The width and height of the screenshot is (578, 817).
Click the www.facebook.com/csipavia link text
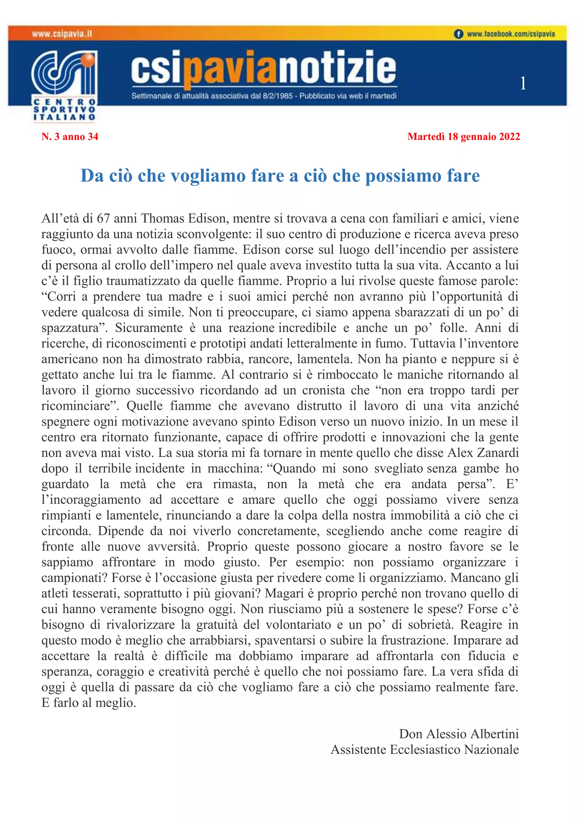click(x=511, y=34)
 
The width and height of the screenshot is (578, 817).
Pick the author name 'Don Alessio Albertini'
click(x=459, y=734)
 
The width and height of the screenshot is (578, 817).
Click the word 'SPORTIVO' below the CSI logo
click(x=64, y=109)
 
